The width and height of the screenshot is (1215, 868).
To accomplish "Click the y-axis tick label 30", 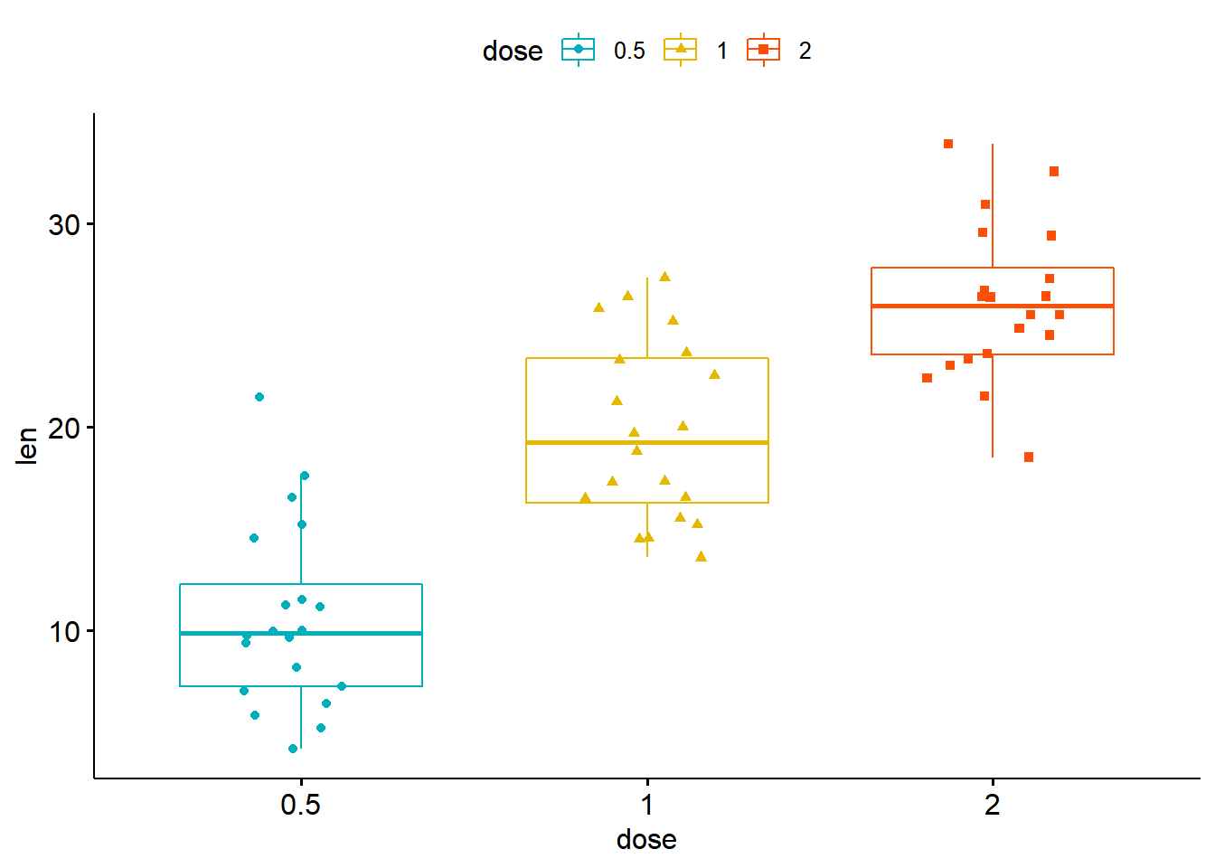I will pyautogui.click(x=64, y=224).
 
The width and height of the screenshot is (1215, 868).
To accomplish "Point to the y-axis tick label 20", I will pyautogui.click(x=64, y=428).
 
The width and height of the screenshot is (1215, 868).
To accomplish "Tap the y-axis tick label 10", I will pyautogui.click(x=64, y=631).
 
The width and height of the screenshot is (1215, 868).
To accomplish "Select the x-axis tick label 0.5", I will pyautogui.click(x=300, y=804).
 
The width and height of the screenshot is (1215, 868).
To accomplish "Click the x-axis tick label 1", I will pyautogui.click(x=646, y=804).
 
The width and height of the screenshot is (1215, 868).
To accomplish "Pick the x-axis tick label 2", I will pyautogui.click(x=993, y=804).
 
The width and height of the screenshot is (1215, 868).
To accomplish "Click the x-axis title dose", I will pyautogui.click(x=646, y=840).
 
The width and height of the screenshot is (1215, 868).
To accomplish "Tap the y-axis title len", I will pyautogui.click(x=27, y=446).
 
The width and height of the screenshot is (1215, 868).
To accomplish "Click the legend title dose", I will pyautogui.click(x=513, y=51).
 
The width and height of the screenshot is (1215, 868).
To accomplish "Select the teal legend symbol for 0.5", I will pyautogui.click(x=579, y=50).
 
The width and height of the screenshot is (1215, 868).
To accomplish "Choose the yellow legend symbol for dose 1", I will pyautogui.click(x=681, y=50).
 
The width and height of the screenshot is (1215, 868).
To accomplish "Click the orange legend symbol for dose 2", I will pyautogui.click(x=764, y=50).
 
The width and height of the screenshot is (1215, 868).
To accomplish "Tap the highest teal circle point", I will pyautogui.click(x=259, y=397).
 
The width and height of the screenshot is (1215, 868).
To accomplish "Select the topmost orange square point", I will pyautogui.click(x=948, y=144).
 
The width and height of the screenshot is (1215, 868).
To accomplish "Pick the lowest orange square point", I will pyautogui.click(x=1029, y=458).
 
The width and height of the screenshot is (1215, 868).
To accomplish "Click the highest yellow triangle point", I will pyautogui.click(x=664, y=277).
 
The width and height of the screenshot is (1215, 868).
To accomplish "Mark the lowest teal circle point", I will pyautogui.click(x=293, y=749).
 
